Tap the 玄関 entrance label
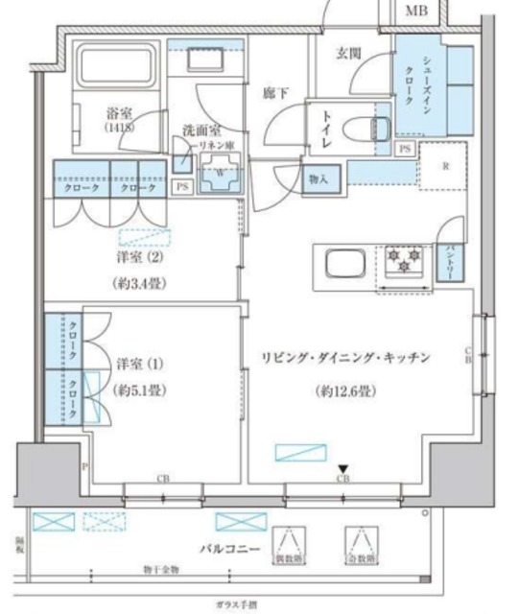coord(348,55)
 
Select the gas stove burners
coord(405,258)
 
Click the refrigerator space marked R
coord(446,166)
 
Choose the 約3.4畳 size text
coord(143,284)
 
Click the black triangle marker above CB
coord(342,469)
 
